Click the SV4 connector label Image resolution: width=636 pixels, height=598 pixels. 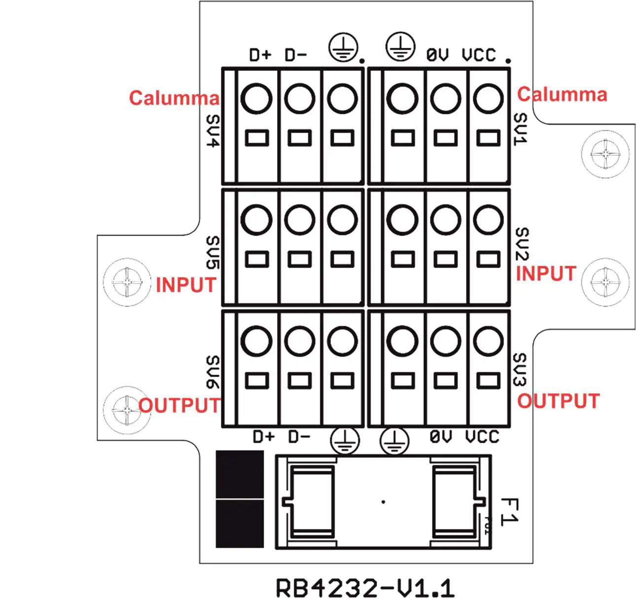tap(213, 131)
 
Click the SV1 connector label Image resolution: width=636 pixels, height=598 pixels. tap(521, 129)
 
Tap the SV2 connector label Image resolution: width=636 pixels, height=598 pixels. tap(522, 244)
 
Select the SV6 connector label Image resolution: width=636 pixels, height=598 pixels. tap(213, 372)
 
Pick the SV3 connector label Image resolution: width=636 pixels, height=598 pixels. tap(521, 369)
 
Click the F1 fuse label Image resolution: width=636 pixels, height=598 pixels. tap(509, 512)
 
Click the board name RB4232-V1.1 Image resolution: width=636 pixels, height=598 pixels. tap(364, 587)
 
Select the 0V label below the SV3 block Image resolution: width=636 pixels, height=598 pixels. tap(440, 436)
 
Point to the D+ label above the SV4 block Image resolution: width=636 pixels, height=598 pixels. tap(260, 55)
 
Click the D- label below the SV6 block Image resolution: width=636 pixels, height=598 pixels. tap(299, 436)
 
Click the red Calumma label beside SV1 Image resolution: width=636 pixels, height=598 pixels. tap(562, 94)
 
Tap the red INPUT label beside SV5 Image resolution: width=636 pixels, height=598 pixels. tap(186, 285)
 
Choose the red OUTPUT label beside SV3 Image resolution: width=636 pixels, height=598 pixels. tap(558, 401)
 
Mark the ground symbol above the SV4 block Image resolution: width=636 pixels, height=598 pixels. tap(343, 48)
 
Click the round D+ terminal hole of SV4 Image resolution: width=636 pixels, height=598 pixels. tap(256, 99)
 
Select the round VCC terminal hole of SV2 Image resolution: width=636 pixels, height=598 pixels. tap(488, 220)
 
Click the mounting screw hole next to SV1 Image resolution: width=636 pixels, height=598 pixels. tap(605, 154)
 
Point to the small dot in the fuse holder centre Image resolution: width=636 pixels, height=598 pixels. tap(383, 502)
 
